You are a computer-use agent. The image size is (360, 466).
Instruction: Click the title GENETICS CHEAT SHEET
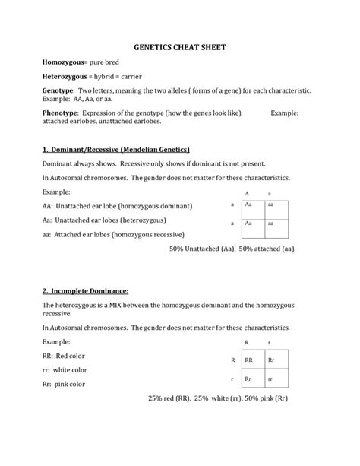180,47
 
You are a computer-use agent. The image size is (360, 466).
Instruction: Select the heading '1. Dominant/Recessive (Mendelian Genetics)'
116,149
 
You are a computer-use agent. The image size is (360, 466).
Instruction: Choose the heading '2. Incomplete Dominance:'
86,291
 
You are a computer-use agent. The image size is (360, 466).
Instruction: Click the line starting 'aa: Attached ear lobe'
113,235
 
